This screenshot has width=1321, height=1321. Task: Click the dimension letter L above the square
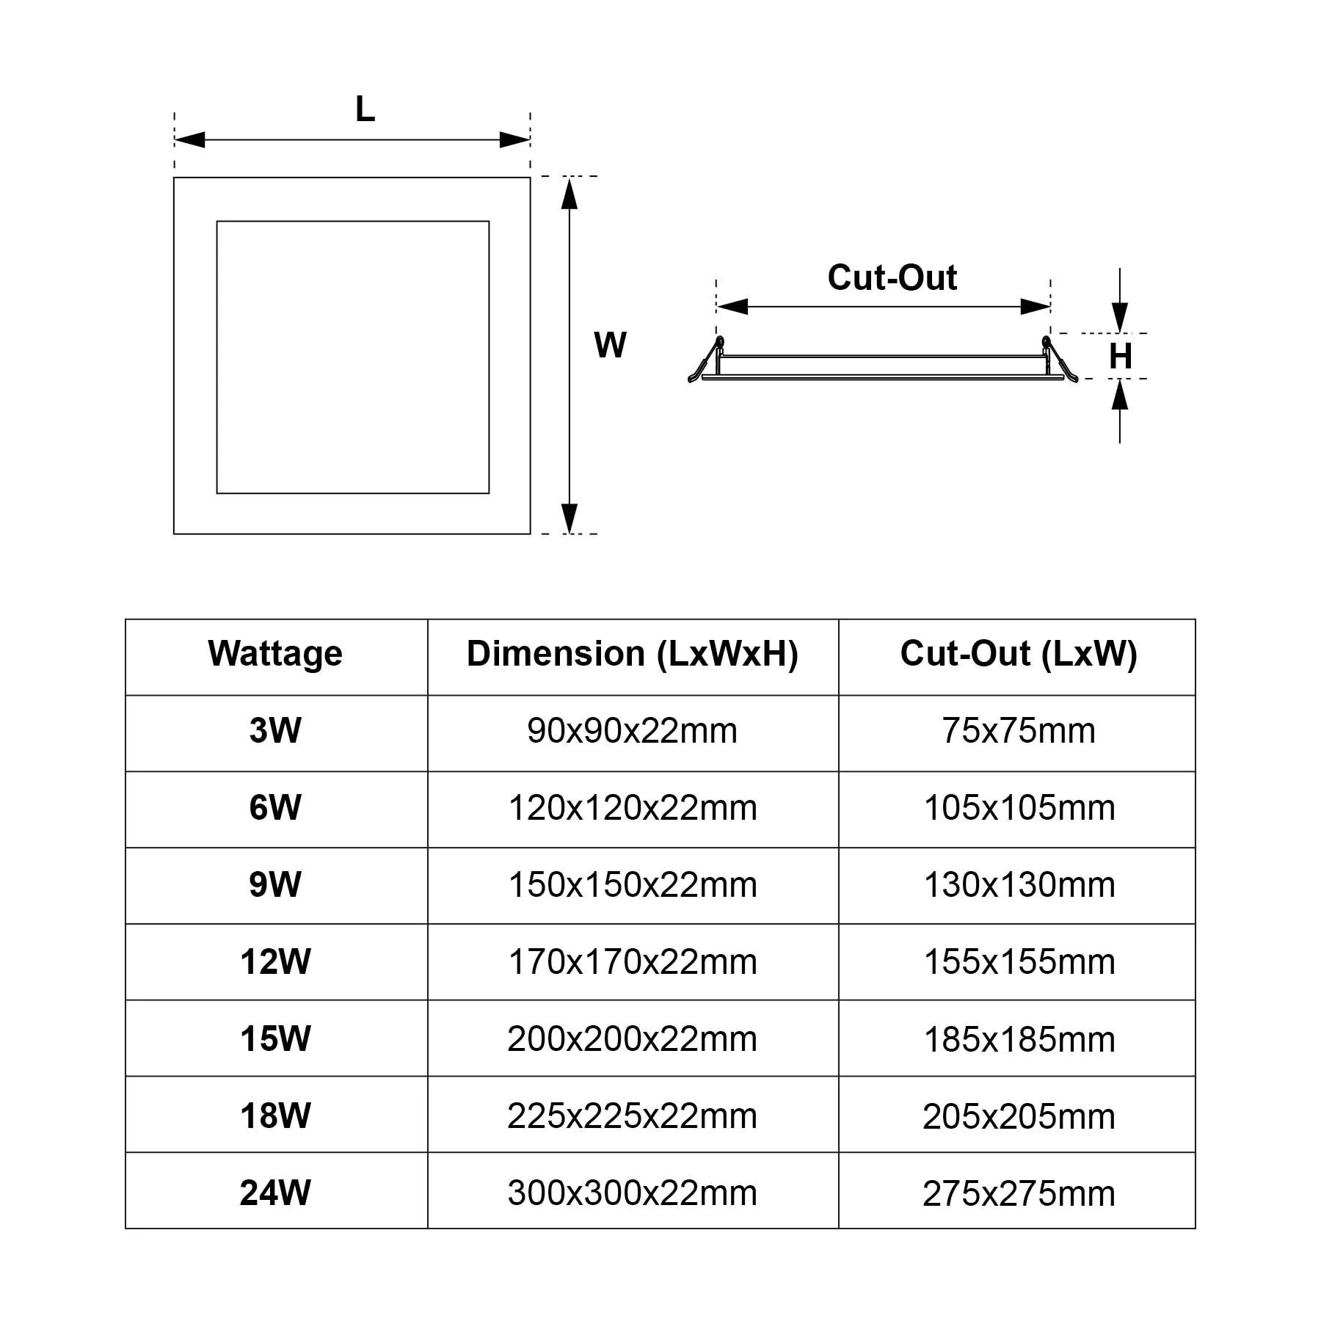[x=365, y=110]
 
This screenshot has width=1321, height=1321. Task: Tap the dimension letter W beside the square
[x=610, y=345]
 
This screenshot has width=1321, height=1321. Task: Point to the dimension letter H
[x=1120, y=357]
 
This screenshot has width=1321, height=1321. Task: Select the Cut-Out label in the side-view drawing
[x=892, y=277]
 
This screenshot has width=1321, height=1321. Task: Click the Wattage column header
[x=275, y=653]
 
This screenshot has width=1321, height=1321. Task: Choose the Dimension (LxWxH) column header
[x=632, y=653]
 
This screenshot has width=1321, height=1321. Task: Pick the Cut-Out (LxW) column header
[x=1018, y=653]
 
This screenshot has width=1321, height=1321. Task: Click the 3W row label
[x=275, y=730]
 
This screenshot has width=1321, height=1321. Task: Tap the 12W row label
[x=275, y=961]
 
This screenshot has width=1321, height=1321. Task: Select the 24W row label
[x=275, y=1193]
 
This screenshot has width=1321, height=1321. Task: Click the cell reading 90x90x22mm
[x=632, y=731]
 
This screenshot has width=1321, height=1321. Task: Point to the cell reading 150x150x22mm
[x=632, y=885]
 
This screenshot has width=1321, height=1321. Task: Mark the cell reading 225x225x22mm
[x=632, y=1116]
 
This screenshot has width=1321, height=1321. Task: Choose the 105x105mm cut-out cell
[x=1019, y=808]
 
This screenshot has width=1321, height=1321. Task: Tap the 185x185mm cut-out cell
[x=1019, y=1039]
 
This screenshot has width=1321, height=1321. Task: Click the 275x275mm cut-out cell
[x=1019, y=1193]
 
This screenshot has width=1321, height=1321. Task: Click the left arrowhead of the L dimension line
[x=189, y=139]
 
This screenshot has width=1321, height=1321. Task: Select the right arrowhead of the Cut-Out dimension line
[x=1036, y=307]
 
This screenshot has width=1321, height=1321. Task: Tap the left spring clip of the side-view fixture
[x=706, y=361]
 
